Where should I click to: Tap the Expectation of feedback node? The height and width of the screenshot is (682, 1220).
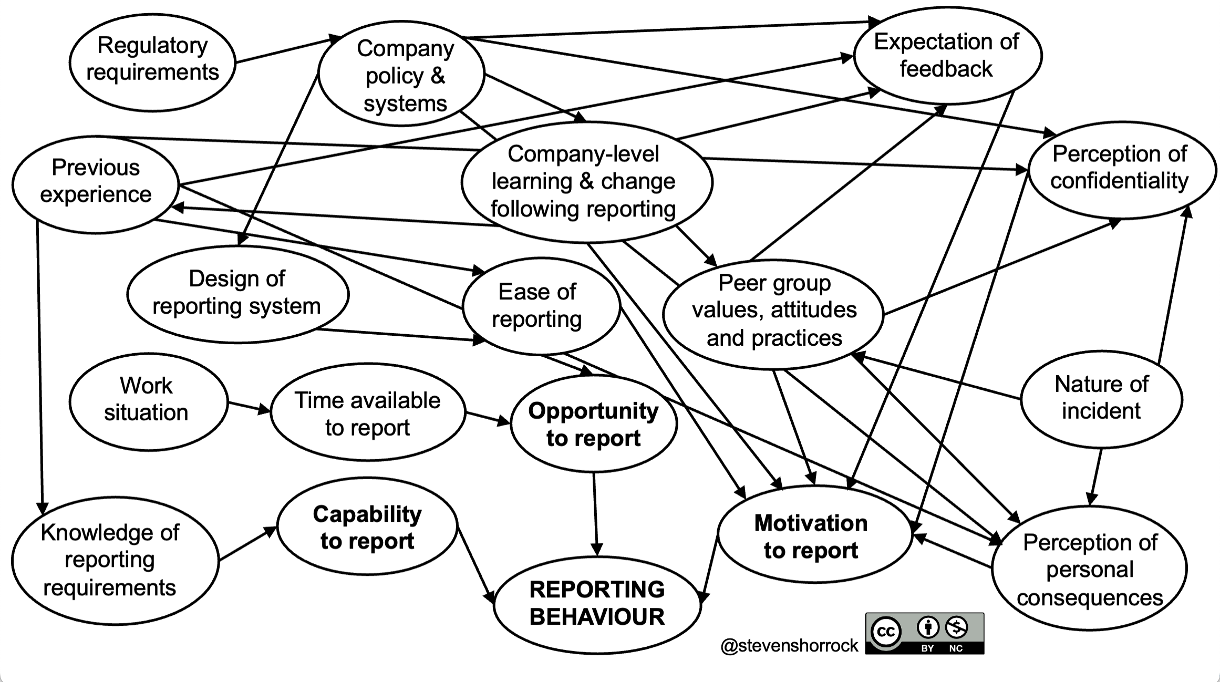(947, 55)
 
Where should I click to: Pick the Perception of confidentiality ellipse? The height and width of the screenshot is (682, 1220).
(1121, 168)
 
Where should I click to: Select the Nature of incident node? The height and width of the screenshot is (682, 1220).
(1101, 398)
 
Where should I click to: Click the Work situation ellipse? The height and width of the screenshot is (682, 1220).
(148, 400)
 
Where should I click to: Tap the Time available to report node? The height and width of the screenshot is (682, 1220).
(368, 413)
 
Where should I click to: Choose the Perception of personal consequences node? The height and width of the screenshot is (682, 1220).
(1089, 569)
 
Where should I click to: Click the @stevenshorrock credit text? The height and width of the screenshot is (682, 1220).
(789, 645)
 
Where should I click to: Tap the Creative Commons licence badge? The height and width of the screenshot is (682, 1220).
(925, 633)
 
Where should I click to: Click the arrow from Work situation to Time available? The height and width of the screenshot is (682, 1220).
(249, 407)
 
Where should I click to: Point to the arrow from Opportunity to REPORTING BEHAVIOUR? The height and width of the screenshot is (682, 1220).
(595, 515)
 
